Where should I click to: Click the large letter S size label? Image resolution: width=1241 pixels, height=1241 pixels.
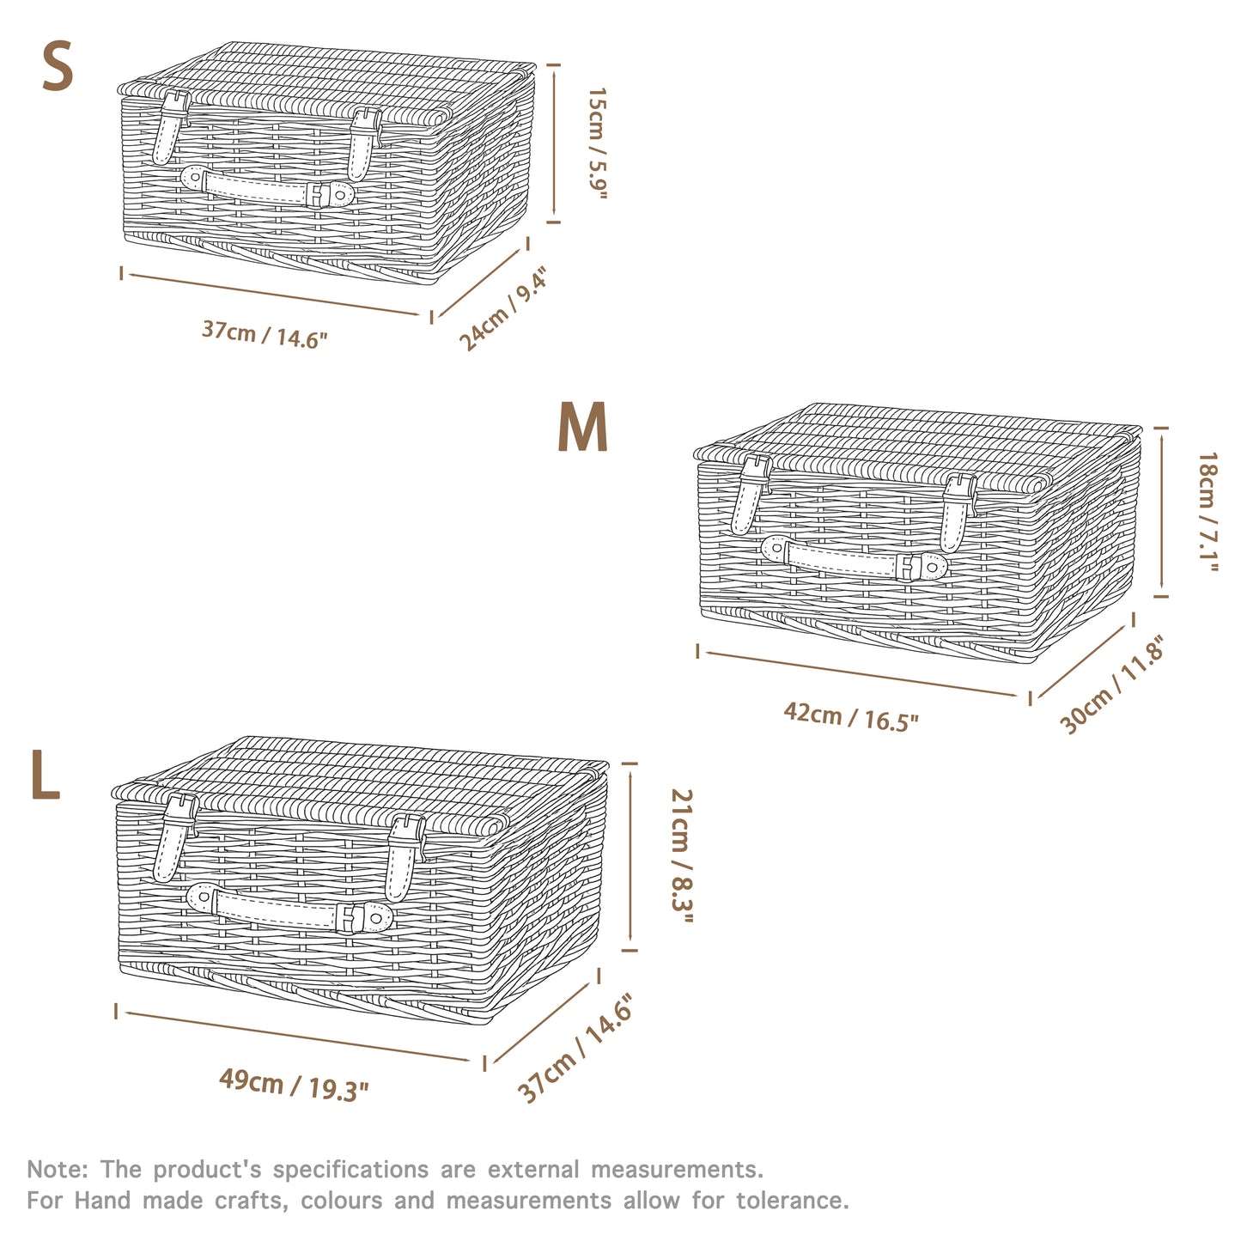(58, 68)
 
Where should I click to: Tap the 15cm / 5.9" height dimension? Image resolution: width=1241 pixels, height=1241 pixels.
(597, 143)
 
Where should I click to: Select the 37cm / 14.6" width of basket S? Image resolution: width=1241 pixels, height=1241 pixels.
(265, 334)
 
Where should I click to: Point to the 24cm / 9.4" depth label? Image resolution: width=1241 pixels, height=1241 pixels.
(502, 309)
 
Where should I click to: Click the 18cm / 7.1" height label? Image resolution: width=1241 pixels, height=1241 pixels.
(1208, 513)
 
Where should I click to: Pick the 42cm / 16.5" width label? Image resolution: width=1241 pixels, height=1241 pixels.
(850, 715)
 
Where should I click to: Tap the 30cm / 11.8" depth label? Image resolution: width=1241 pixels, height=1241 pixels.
(1112, 685)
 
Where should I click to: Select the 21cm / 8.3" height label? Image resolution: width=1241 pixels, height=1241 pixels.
(681, 856)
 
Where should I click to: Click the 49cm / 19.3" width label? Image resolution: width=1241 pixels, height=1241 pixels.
(294, 1085)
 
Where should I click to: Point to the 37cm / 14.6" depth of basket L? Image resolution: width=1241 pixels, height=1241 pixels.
(575, 1049)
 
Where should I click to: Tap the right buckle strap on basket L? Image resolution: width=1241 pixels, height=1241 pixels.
(403, 855)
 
